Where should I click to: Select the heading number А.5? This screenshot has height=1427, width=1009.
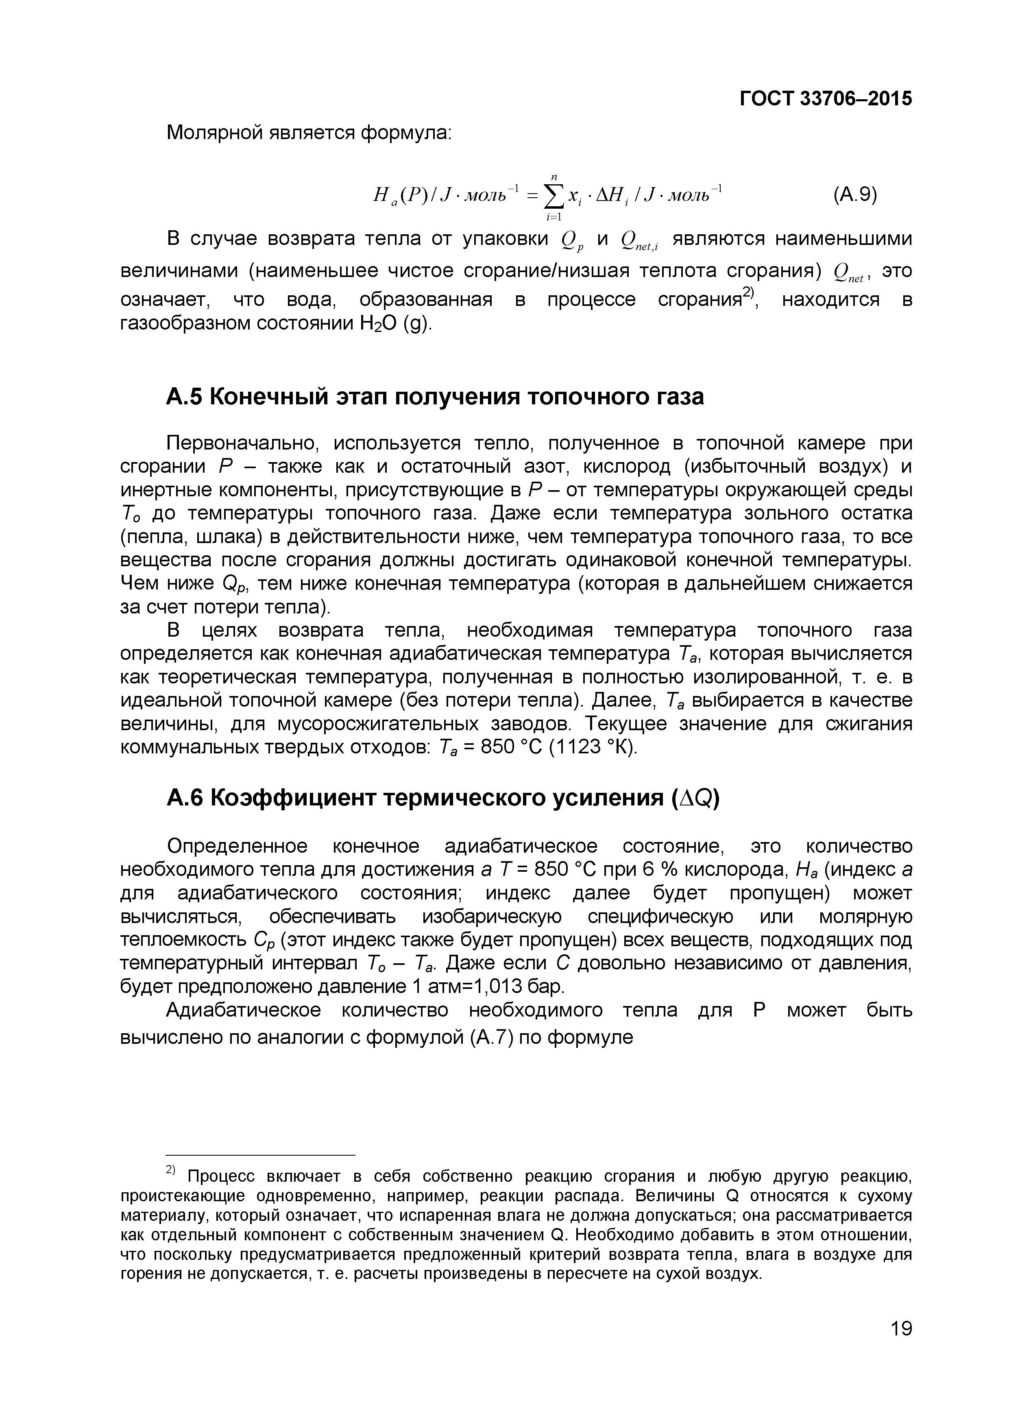185,397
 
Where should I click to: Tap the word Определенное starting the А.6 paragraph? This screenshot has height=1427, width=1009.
238,846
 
